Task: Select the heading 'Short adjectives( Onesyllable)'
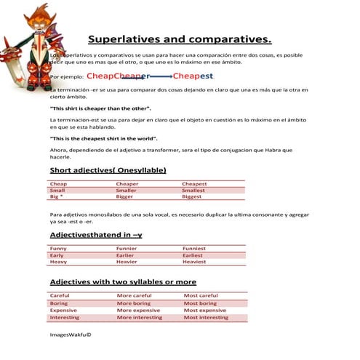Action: (108, 170)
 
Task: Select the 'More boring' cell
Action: (134, 303)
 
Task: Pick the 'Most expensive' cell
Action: (204, 311)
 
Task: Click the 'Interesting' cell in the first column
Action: (65, 318)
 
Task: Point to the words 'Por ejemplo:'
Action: (65, 76)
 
